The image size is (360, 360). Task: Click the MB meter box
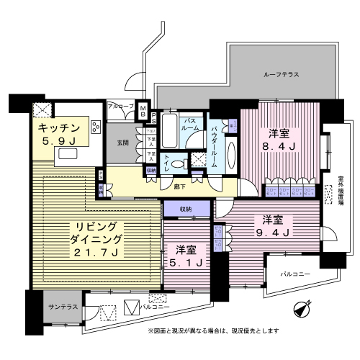[x=143, y=111]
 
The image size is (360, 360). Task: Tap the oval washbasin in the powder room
[x=231, y=152]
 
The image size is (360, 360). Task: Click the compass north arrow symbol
[x=302, y=310]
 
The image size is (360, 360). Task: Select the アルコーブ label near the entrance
[x=120, y=106]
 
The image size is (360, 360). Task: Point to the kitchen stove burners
[x=41, y=110]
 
